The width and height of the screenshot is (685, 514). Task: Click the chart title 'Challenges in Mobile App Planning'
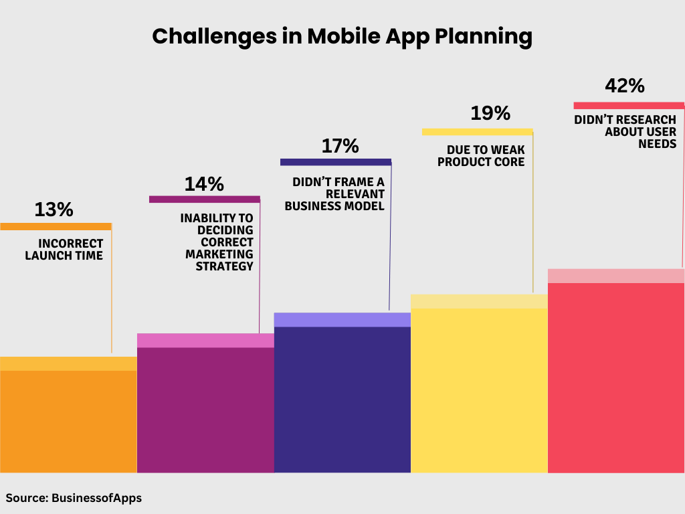(342, 36)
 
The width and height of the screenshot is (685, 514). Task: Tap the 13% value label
(54, 209)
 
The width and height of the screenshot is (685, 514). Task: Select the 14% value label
(204, 184)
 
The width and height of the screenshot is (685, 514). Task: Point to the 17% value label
(340, 146)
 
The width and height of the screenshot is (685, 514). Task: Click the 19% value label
(490, 113)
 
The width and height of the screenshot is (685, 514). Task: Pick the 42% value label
(624, 86)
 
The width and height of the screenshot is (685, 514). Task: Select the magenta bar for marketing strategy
(205, 408)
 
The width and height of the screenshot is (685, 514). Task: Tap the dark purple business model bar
(342, 398)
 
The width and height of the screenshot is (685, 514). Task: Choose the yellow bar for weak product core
(479, 389)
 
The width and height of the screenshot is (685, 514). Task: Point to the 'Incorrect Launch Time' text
(64, 250)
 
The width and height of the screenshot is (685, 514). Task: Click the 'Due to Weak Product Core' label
(481, 156)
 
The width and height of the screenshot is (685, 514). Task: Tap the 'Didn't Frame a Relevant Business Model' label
(334, 194)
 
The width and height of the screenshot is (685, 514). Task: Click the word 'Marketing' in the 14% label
(219, 254)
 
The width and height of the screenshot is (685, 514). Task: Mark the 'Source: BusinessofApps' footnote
(74, 498)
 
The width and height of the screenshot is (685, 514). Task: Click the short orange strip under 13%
(56, 226)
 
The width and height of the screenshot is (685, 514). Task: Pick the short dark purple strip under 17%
(335, 162)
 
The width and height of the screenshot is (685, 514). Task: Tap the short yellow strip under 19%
(477, 132)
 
